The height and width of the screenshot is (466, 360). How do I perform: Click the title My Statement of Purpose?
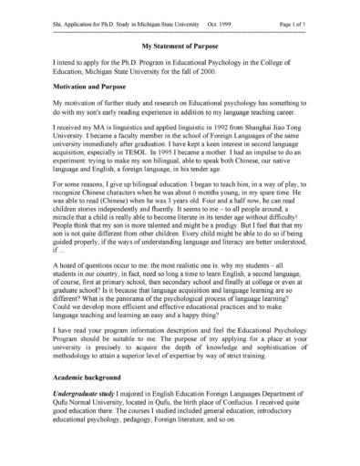point(180,42)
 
